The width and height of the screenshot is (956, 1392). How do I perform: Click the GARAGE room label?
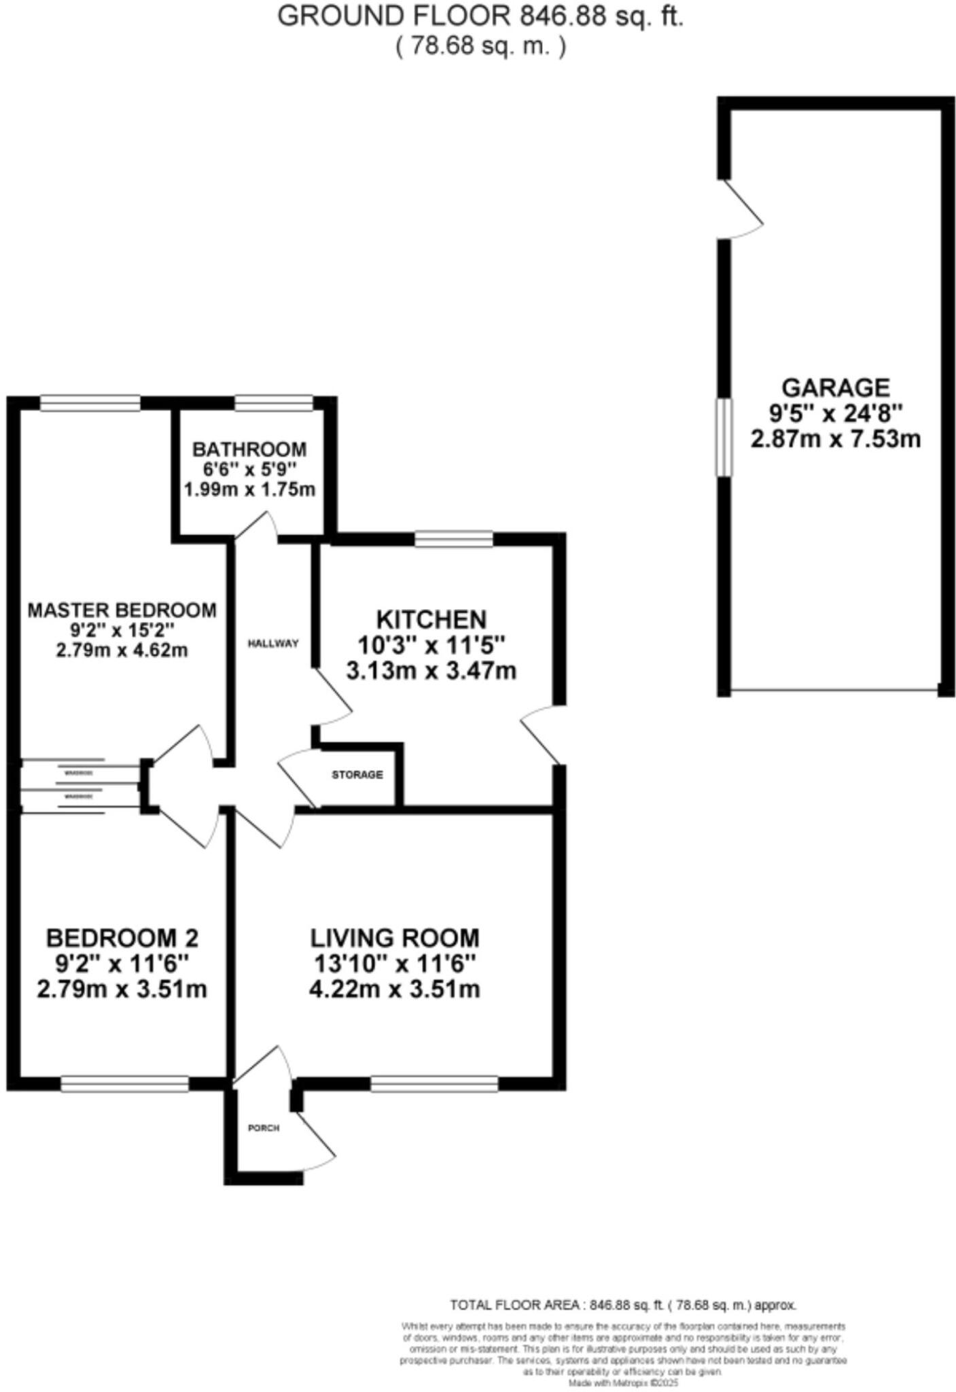click(x=835, y=387)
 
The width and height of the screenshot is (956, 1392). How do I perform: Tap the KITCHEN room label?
click(x=431, y=619)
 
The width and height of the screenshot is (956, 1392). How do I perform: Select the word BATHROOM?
click(x=249, y=449)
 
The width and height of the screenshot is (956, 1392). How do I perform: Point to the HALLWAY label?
click(x=273, y=643)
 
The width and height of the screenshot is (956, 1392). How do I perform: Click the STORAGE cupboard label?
click(x=357, y=774)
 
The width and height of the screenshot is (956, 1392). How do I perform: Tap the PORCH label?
click(x=264, y=1128)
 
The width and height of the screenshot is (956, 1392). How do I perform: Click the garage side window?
click(x=724, y=437)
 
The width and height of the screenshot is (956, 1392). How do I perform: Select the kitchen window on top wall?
click(x=454, y=540)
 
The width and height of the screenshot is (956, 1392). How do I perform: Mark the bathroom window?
click(x=274, y=403)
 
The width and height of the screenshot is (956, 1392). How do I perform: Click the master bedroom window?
click(x=90, y=403)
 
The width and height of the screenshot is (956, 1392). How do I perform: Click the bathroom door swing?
click(x=257, y=526)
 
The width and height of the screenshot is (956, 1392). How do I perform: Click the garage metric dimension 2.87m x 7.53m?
click(x=835, y=439)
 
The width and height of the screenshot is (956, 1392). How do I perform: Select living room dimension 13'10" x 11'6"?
click(x=394, y=964)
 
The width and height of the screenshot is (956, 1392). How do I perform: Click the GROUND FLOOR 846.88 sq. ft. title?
click(x=480, y=16)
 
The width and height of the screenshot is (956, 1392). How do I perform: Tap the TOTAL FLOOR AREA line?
click(x=622, y=1305)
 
